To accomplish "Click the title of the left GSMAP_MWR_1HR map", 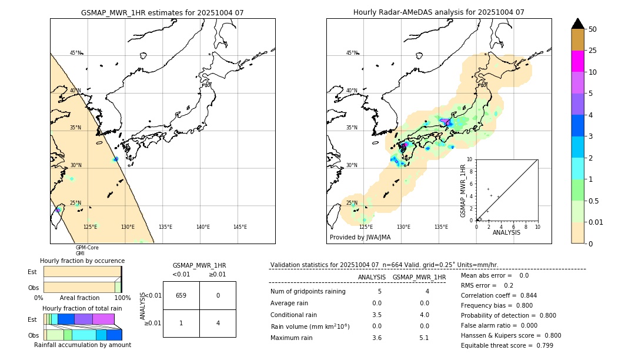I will [162, 12].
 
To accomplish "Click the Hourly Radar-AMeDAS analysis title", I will [439, 12].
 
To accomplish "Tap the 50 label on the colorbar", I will [593, 29].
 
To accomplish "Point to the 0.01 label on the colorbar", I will [596, 222].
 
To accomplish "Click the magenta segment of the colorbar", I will [577, 61].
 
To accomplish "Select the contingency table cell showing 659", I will [181, 295].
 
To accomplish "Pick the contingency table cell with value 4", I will [218, 323].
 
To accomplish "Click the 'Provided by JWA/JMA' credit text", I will [360, 237].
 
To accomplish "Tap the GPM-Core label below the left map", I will [87, 248].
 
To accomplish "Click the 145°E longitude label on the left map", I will [240, 227].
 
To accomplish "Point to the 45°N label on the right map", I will [352, 53].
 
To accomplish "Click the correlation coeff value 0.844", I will [524, 295].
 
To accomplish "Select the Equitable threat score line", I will [507, 345].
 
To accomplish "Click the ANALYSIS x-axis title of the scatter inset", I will [506, 232].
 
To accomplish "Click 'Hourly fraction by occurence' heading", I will [82, 261].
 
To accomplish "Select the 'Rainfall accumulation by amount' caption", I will [82, 345].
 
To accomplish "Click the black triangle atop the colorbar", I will [577, 24].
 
